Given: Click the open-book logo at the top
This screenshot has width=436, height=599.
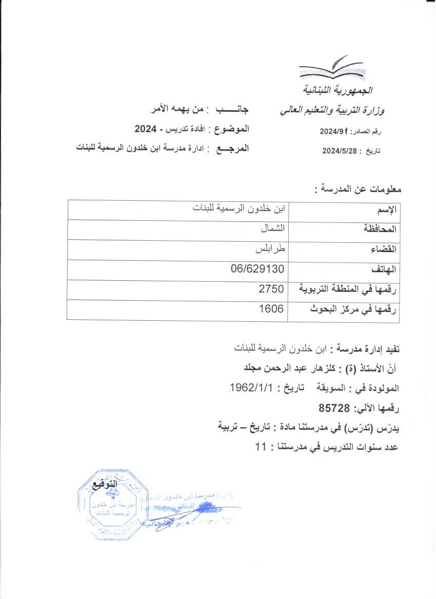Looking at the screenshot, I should click(331, 70).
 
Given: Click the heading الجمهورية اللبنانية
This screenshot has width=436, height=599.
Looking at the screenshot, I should click(335, 91).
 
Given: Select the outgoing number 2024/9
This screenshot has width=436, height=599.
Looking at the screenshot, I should click(334, 131).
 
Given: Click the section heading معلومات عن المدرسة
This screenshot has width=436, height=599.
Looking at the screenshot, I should click(358, 189).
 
